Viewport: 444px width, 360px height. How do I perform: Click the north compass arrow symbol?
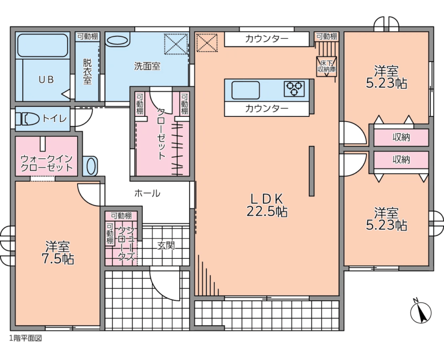point(421,311)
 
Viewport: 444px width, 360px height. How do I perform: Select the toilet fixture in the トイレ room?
point(28,119)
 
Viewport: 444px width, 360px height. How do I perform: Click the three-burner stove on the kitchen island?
point(294,89)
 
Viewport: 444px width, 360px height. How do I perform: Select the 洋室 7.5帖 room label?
point(57,252)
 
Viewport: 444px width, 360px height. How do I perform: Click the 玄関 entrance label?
point(166,246)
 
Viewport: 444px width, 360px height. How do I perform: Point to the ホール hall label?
point(147,193)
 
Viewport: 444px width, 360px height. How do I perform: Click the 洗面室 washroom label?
point(147,66)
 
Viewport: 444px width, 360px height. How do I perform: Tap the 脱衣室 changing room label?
point(87,71)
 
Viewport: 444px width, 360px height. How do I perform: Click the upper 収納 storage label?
point(401,137)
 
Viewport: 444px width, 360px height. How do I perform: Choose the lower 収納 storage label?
point(401,159)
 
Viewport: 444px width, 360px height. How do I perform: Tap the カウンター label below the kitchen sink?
point(266,108)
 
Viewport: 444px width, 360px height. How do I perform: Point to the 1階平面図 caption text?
point(25,338)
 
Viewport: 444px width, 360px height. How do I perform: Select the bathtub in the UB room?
point(43,46)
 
